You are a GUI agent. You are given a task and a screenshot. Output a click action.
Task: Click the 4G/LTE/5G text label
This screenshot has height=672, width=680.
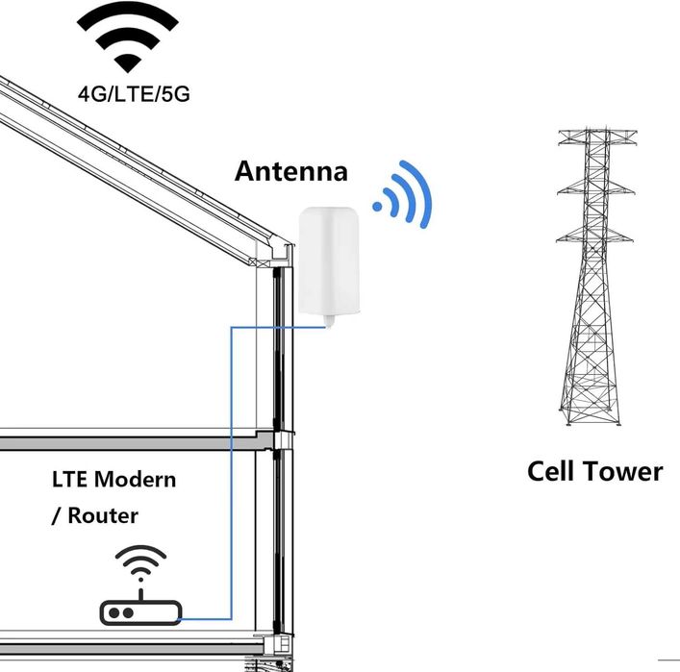[134, 93]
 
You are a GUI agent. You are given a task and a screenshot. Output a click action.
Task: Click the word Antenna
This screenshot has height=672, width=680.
[291, 171]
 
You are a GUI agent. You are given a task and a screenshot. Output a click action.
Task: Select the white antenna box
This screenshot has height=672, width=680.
[329, 261]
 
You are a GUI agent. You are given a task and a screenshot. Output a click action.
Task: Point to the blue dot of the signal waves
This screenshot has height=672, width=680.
[377, 207]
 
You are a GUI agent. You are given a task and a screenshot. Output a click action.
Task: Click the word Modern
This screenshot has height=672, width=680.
[135, 480]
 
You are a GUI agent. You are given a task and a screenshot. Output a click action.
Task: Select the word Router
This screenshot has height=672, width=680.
[103, 515]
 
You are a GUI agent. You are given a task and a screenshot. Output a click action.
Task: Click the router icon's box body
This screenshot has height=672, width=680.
[140, 612]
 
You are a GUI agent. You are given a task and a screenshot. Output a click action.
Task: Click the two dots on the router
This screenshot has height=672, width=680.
[121, 613]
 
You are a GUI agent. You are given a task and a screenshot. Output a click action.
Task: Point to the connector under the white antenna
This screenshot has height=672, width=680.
[330, 321]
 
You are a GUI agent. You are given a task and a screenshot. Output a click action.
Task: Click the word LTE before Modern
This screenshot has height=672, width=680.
[70, 480]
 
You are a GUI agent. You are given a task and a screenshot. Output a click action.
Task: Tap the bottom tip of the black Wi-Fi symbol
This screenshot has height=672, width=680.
[128, 73]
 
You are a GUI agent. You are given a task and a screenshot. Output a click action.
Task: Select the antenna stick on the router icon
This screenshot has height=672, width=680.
[140, 594]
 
